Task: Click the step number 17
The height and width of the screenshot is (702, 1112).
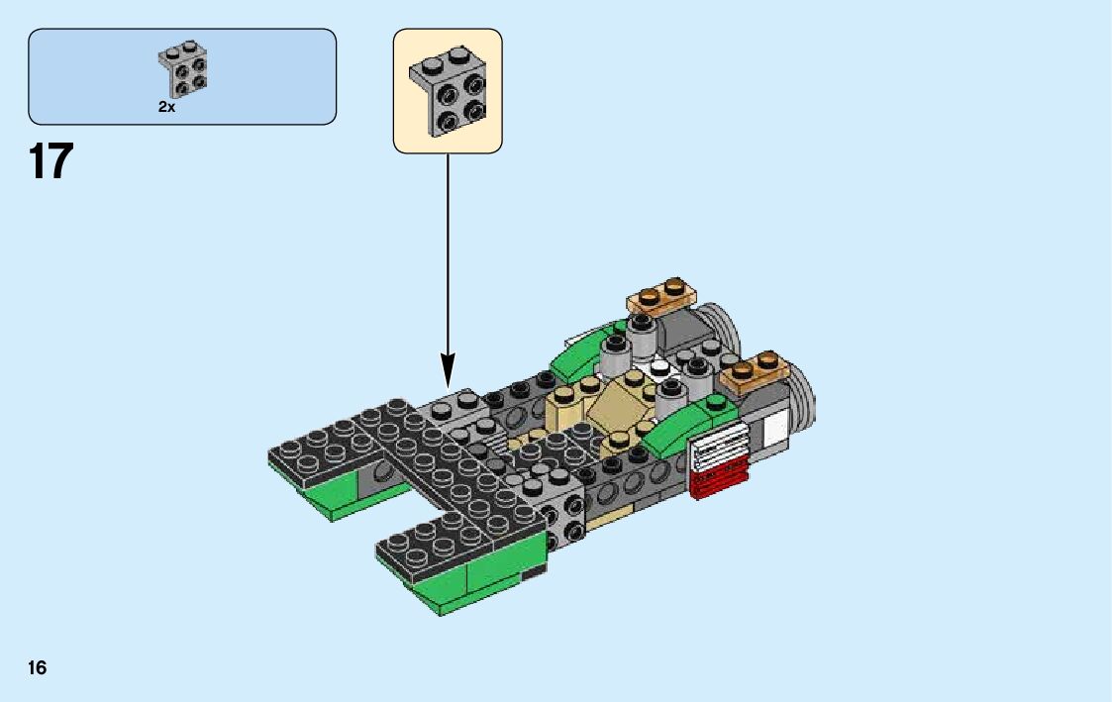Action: pos(51,160)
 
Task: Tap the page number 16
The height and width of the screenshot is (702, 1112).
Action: pos(37,667)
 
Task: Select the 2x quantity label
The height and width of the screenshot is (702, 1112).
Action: pos(166,107)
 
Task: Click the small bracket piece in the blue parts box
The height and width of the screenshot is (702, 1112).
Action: pos(181,70)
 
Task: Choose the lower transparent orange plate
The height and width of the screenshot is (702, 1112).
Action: pos(758,371)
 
